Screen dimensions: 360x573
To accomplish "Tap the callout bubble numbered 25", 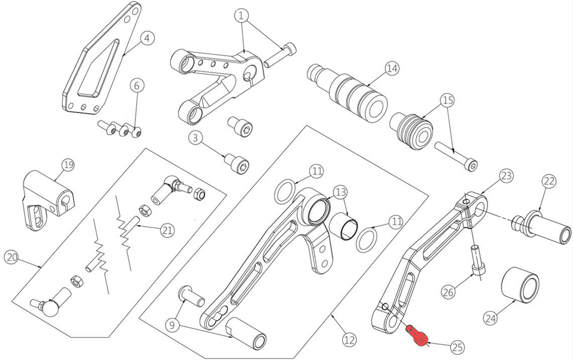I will pos(457,346).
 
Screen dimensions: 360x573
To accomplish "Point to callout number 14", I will pos(392,68).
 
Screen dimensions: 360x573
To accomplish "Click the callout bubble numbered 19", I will pos(68,165).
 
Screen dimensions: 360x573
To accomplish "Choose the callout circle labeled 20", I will pos(11,258).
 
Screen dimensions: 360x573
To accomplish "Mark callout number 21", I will pos(167,230).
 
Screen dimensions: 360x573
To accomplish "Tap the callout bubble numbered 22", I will pos(549,182).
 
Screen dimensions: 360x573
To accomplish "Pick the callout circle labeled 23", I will pos(506,176).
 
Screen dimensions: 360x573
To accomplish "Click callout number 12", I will pos(350,339).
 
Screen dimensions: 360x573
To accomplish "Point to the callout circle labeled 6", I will pos(136,85).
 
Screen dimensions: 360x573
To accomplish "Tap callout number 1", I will pos(242,16).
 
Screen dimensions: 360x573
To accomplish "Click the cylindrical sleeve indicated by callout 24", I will pos(520,284).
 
